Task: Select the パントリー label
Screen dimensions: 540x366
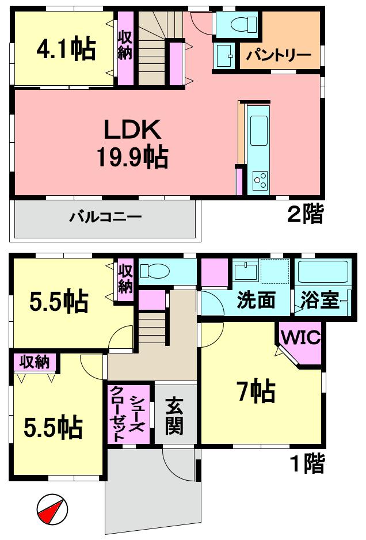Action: tap(279, 56)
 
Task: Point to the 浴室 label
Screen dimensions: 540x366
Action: tap(319, 301)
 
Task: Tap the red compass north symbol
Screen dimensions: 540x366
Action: tap(52, 509)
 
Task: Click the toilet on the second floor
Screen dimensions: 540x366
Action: tap(239, 24)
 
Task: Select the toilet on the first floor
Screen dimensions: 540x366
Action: tap(154, 271)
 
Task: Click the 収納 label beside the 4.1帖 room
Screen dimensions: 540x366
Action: tap(125, 45)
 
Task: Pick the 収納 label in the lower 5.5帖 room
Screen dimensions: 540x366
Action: tap(35, 362)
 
